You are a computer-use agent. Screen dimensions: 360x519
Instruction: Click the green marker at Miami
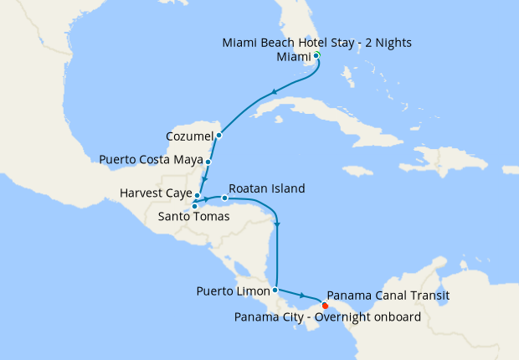pyautogui.click(x=316, y=55)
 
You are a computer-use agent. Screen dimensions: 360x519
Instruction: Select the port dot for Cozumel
pyautogui.click(x=218, y=135)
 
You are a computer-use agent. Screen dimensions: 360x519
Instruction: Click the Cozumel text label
pyautogui.click(x=188, y=135)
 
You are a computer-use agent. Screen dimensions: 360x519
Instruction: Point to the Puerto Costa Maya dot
pyautogui.click(x=208, y=160)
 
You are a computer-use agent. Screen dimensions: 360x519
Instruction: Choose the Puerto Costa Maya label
pyautogui.click(x=151, y=159)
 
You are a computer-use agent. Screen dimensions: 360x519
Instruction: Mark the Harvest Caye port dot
pyautogui.click(x=198, y=195)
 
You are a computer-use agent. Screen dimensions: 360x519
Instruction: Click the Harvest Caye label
pyautogui.click(x=156, y=194)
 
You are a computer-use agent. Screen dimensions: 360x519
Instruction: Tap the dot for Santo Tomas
pyautogui.click(x=194, y=206)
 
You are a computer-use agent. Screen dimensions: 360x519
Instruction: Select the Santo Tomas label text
pyautogui.click(x=193, y=216)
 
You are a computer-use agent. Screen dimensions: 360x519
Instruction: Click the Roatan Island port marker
pyautogui.click(x=224, y=198)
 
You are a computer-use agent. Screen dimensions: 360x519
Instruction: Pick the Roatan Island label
pyautogui.click(x=266, y=188)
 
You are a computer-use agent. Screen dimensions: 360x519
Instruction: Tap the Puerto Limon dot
pyautogui.click(x=275, y=290)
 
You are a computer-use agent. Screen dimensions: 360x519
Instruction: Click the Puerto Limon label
pyautogui.click(x=233, y=291)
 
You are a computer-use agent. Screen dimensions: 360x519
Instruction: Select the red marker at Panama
pyautogui.click(x=325, y=305)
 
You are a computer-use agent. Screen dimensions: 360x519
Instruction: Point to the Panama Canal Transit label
pyautogui.click(x=389, y=295)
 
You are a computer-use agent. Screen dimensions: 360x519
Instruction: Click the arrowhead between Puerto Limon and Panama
pyautogui.click(x=301, y=296)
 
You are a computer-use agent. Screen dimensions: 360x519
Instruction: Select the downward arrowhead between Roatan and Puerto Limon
pyautogui.click(x=276, y=223)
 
